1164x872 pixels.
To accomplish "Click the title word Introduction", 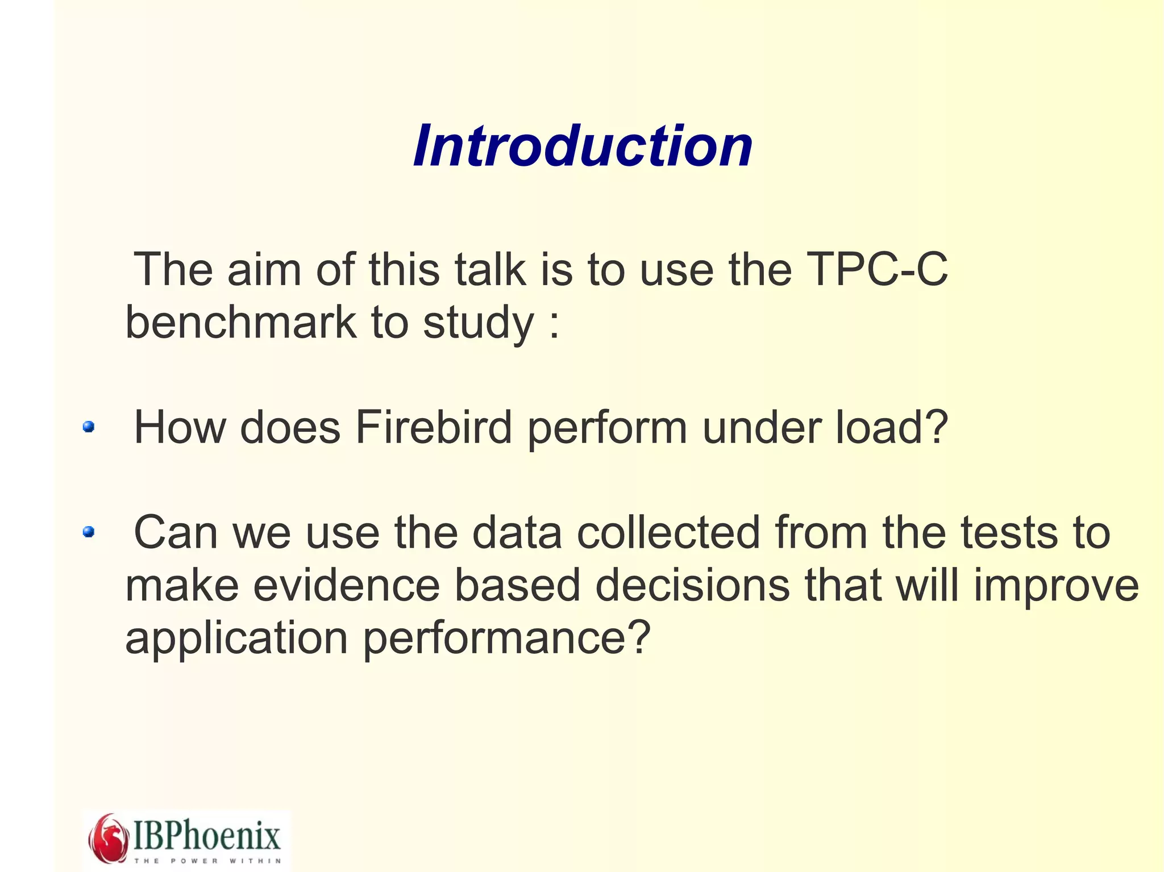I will click(x=583, y=147).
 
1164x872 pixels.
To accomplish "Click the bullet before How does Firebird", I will click(x=88, y=427).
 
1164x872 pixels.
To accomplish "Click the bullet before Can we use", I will click(x=88, y=532).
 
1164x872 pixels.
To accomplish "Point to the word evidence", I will click(x=346, y=586).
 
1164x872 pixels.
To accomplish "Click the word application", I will click(x=236, y=639).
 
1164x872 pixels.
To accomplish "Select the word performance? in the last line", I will click(x=506, y=639).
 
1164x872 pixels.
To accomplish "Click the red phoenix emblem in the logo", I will click(x=109, y=838).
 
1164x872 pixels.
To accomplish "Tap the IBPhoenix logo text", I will click(x=207, y=835).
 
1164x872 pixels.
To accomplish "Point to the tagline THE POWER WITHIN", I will click(x=207, y=861).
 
